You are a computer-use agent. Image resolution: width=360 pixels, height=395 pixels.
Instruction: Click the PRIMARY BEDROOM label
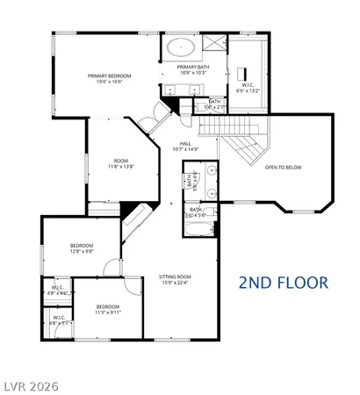tap(110, 76)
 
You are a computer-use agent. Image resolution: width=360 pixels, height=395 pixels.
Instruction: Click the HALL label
tap(185, 143)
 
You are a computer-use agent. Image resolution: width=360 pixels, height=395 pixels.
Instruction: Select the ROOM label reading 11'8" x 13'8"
tap(121, 161)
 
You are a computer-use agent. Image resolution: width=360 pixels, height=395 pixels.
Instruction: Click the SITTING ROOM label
tap(174, 276)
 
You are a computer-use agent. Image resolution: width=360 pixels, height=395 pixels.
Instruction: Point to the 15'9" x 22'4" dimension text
tap(174, 282)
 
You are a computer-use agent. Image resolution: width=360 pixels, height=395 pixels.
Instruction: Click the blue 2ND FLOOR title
tap(283, 283)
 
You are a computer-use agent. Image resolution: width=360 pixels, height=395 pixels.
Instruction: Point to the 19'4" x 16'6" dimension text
tap(110, 82)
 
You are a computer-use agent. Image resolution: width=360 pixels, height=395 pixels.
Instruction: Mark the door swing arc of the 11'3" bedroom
tap(132, 285)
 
